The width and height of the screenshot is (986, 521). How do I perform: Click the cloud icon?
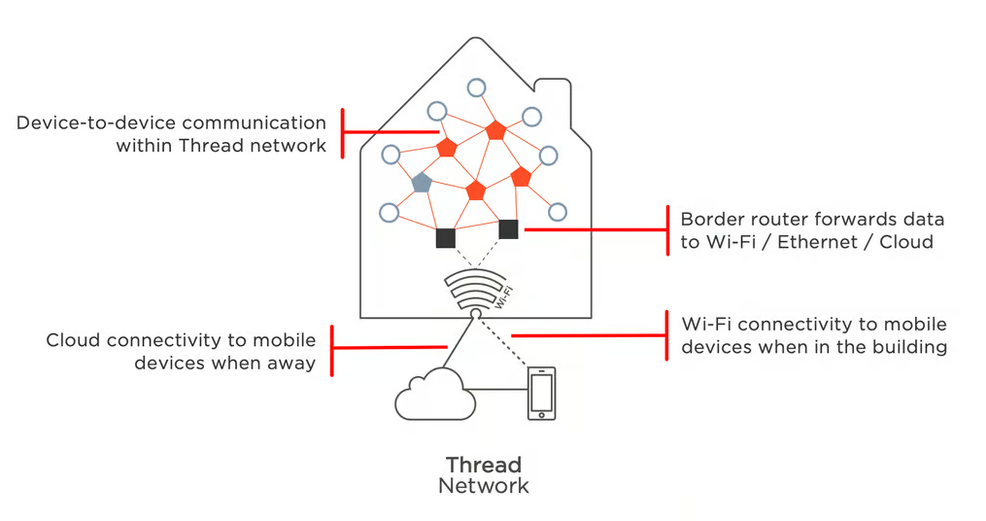pyautogui.click(x=433, y=395)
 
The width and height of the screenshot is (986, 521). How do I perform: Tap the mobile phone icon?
pyautogui.click(x=541, y=393)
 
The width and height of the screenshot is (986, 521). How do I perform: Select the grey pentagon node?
pyautogui.click(x=422, y=183)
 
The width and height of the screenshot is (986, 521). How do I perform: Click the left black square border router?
pyautogui.click(x=446, y=238)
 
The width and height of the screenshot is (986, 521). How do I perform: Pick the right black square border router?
pyautogui.click(x=508, y=229)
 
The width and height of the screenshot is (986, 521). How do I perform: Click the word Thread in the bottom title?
pyautogui.click(x=484, y=465)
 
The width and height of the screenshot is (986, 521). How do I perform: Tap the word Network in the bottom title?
pyautogui.click(x=484, y=486)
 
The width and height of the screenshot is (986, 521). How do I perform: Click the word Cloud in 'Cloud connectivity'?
pyautogui.click(x=74, y=340)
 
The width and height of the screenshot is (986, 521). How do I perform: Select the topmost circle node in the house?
pyautogui.click(x=476, y=87)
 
